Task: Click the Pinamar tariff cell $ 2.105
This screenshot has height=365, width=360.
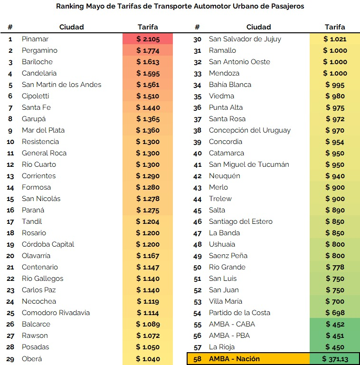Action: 147,39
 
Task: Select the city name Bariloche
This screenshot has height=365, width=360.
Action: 37,62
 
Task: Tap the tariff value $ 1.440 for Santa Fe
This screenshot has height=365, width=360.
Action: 148,107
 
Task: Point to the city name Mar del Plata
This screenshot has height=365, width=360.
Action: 43,130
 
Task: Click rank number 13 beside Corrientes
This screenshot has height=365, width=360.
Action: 10,176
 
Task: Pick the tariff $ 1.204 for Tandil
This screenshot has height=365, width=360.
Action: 148,221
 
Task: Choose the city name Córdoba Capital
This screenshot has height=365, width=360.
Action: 48,244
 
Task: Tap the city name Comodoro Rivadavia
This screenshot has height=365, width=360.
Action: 56,313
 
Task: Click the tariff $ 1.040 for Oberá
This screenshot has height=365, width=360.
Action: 148,359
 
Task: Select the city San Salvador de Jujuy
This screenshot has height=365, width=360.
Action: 245,39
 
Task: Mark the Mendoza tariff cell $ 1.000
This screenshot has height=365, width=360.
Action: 335,73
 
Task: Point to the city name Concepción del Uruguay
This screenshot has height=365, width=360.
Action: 249,130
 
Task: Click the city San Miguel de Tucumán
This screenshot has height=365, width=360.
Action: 249,164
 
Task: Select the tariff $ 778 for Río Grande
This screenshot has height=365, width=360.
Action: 335,267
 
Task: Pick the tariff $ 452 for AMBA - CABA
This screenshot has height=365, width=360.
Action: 335,324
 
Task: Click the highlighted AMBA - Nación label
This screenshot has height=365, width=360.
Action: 234,359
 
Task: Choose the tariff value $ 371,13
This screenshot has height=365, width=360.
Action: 335,359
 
